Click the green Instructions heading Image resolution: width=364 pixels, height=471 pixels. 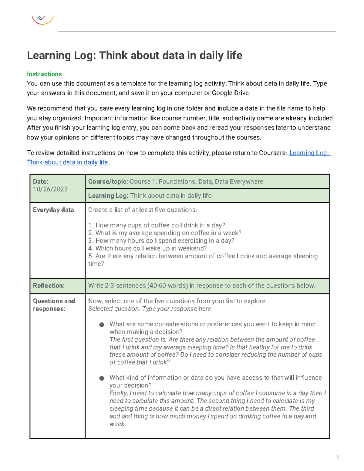(44, 74)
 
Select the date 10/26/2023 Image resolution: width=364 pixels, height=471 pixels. (50, 189)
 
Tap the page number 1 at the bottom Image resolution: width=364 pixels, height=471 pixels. (337, 458)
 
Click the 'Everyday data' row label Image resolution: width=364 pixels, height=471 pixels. (53, 210)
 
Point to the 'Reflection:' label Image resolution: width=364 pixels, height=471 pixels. (49, 286)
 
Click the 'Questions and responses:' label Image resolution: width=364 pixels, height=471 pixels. (54, 305)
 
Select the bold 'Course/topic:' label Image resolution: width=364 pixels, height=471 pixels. (108, 182)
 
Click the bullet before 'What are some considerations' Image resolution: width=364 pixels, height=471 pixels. (102, 325)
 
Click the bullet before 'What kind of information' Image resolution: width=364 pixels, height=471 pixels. (102, 378)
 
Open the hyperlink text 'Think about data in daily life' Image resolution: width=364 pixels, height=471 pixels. (67, 162)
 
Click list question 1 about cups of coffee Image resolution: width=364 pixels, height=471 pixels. (157, 225)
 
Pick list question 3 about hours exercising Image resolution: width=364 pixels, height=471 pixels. (161, 241)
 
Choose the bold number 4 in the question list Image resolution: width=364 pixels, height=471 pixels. (90, 248)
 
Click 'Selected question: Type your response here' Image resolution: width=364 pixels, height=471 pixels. (149, 309)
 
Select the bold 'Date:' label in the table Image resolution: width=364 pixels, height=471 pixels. (41, 182)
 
